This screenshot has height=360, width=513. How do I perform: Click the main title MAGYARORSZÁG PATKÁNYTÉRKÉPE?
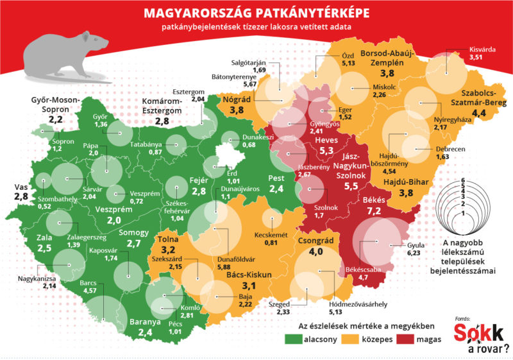click(x=256, y=13)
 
